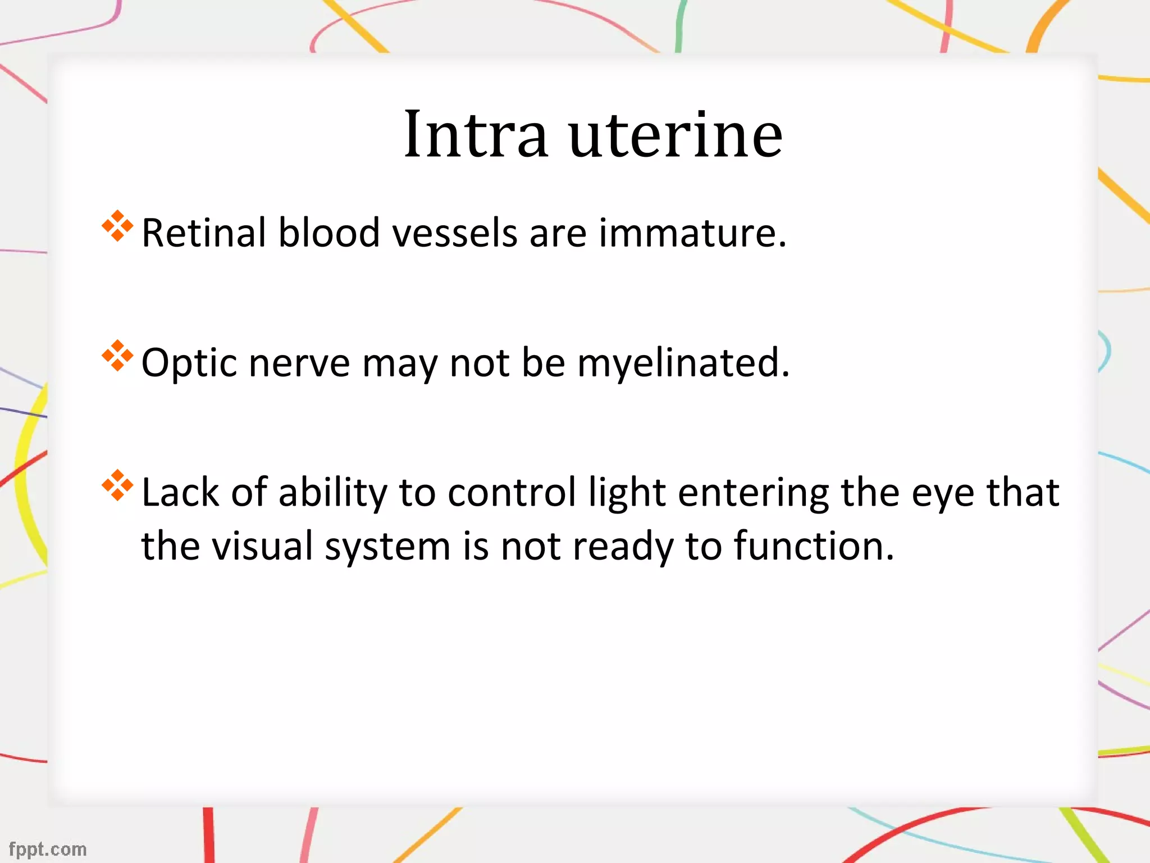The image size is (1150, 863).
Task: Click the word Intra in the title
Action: click(x=476, y=134)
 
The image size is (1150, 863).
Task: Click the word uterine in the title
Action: click(x=676, y=134)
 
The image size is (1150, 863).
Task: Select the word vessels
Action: click(x=454, y=233)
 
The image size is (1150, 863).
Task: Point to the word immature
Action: click(x=692, y=233)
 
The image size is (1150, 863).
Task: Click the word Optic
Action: click(x=189, y=363)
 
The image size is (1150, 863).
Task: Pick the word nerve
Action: click(x=299, y=363)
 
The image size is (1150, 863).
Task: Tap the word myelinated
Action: click(x=683, y=363)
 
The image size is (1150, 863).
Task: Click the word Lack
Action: click(x=180, y=493)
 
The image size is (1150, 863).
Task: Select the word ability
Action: click(x=332, y=493)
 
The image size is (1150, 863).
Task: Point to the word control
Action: click(x=512, y=493)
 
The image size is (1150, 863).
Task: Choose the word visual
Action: click(x=262, y=546)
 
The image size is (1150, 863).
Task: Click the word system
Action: click(x=387, y=546)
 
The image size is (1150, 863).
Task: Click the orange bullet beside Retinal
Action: click(x=117, y=226)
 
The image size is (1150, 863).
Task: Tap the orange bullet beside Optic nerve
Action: click(x=117, y=356)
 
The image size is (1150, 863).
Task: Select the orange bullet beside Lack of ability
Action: click(x=117, y=485)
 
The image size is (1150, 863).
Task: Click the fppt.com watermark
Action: click(x=48, y=848)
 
